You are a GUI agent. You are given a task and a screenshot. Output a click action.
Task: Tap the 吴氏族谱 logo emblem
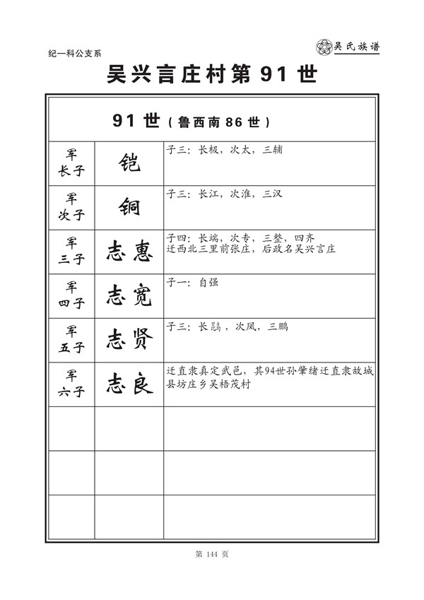[324, 47]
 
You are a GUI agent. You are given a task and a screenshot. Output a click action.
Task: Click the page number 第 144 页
[211, 554]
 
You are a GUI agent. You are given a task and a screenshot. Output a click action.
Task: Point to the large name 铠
[129, 163]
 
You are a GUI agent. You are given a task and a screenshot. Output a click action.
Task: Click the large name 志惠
[129, 251]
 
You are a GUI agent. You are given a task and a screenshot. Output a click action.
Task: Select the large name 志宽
[129, 295]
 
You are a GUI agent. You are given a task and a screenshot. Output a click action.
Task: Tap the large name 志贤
[129, 340]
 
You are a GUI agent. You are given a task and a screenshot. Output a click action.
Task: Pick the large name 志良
[129, 384]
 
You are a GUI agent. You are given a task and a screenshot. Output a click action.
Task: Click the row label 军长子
[71, 163]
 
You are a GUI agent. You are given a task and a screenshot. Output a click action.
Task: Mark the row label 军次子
[71, 207]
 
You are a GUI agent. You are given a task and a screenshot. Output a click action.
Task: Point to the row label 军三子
[71, 251]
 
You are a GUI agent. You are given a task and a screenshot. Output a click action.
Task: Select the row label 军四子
[71, 295]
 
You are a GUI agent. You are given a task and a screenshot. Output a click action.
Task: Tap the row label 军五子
[71, 340]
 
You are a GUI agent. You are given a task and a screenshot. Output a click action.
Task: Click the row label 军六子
[71, 384]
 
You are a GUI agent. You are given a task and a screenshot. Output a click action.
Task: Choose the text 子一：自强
[192, 282]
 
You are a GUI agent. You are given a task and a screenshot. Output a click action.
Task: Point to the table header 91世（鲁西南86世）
[191, 121]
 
